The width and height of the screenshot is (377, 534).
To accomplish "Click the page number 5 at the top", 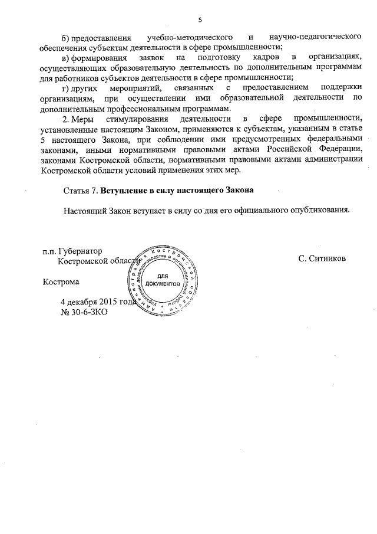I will tap(200, 20).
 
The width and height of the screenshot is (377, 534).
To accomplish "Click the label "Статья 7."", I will tap(80, 191).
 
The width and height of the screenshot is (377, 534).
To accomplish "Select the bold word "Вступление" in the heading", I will tap(125, 191).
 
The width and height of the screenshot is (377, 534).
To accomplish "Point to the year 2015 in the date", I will tap(109, 302).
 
